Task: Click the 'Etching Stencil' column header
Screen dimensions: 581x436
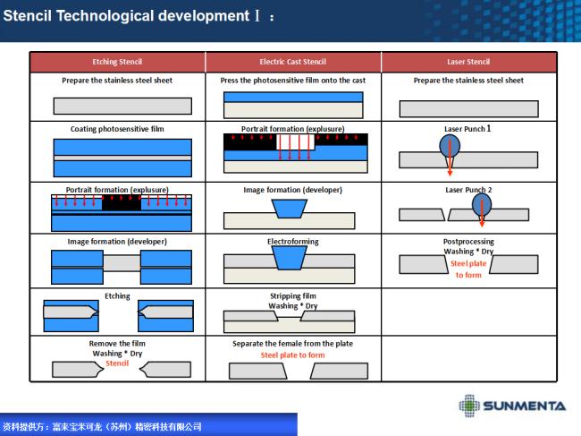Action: click(117, 62)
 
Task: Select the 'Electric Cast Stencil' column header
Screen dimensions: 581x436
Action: click(292, 62)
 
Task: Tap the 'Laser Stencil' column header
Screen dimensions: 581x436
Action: click(468, 62)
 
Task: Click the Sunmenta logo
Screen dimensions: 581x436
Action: click(512, 406)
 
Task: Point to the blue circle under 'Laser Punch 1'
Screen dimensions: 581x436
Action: click(450, 145)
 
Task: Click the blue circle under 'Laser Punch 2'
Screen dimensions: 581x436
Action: click(482, 205)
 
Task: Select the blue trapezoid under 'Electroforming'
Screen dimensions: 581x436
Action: click(290, 258)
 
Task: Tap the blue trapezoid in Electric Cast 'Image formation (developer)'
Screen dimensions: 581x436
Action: click(290, 209)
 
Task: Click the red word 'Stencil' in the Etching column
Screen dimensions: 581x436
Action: click(117, 363)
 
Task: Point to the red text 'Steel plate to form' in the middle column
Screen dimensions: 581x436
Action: click(292, 355)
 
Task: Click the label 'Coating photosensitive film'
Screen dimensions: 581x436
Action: click(117, 129)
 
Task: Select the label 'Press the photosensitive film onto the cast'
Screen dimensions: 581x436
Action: click(292, 81)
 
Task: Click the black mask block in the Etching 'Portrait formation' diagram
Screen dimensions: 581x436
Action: click(122, 203)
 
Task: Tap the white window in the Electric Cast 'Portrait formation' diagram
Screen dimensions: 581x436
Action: click(295, 142)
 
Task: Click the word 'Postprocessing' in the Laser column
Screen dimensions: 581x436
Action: click(468, 242)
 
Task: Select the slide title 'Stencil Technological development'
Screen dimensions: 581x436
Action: click(126, 16)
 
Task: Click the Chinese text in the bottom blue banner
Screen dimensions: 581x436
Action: click(102, 426)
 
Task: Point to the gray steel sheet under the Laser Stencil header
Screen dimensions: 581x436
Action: click(468, 108)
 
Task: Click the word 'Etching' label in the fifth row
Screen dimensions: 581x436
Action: click(117, 296)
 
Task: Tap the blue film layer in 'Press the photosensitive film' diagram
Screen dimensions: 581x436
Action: click(293, 98)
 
